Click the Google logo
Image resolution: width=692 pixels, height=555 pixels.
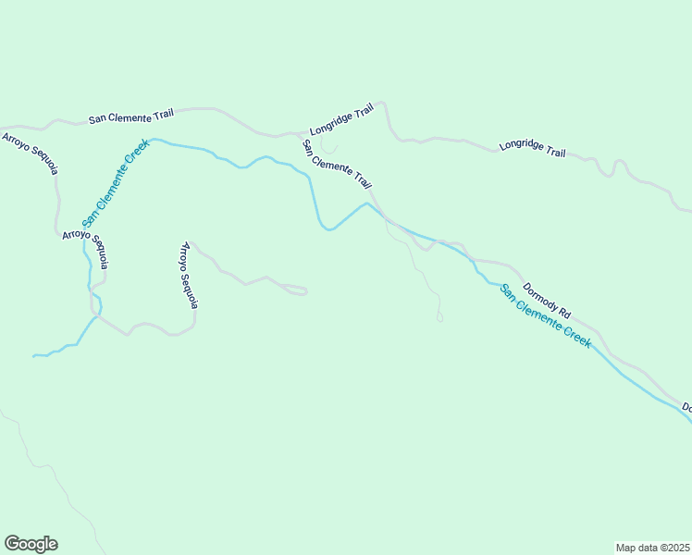pyautogui.click(x=31, y=544)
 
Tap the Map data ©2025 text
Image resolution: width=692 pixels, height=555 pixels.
pyautogui.click(x=652, y=547)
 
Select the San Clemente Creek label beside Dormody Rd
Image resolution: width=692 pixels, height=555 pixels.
pyautogui.click(x=545, y=316)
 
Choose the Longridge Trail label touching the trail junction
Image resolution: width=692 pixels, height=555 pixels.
pyautogui.click(x=341, y=119)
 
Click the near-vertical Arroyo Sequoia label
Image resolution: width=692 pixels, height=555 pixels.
pyautogui.click(x=189, y=276)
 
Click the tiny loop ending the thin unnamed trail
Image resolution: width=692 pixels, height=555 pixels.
pyautogui.click(x=439, y=318)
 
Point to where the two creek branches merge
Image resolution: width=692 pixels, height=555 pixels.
pyautogui.click(x=95, y=316)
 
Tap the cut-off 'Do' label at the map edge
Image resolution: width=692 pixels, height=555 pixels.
pyautogui.click(x=686, y=407)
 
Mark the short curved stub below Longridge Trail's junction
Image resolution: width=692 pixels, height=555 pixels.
pyautogui.click(x=328, y=147)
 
